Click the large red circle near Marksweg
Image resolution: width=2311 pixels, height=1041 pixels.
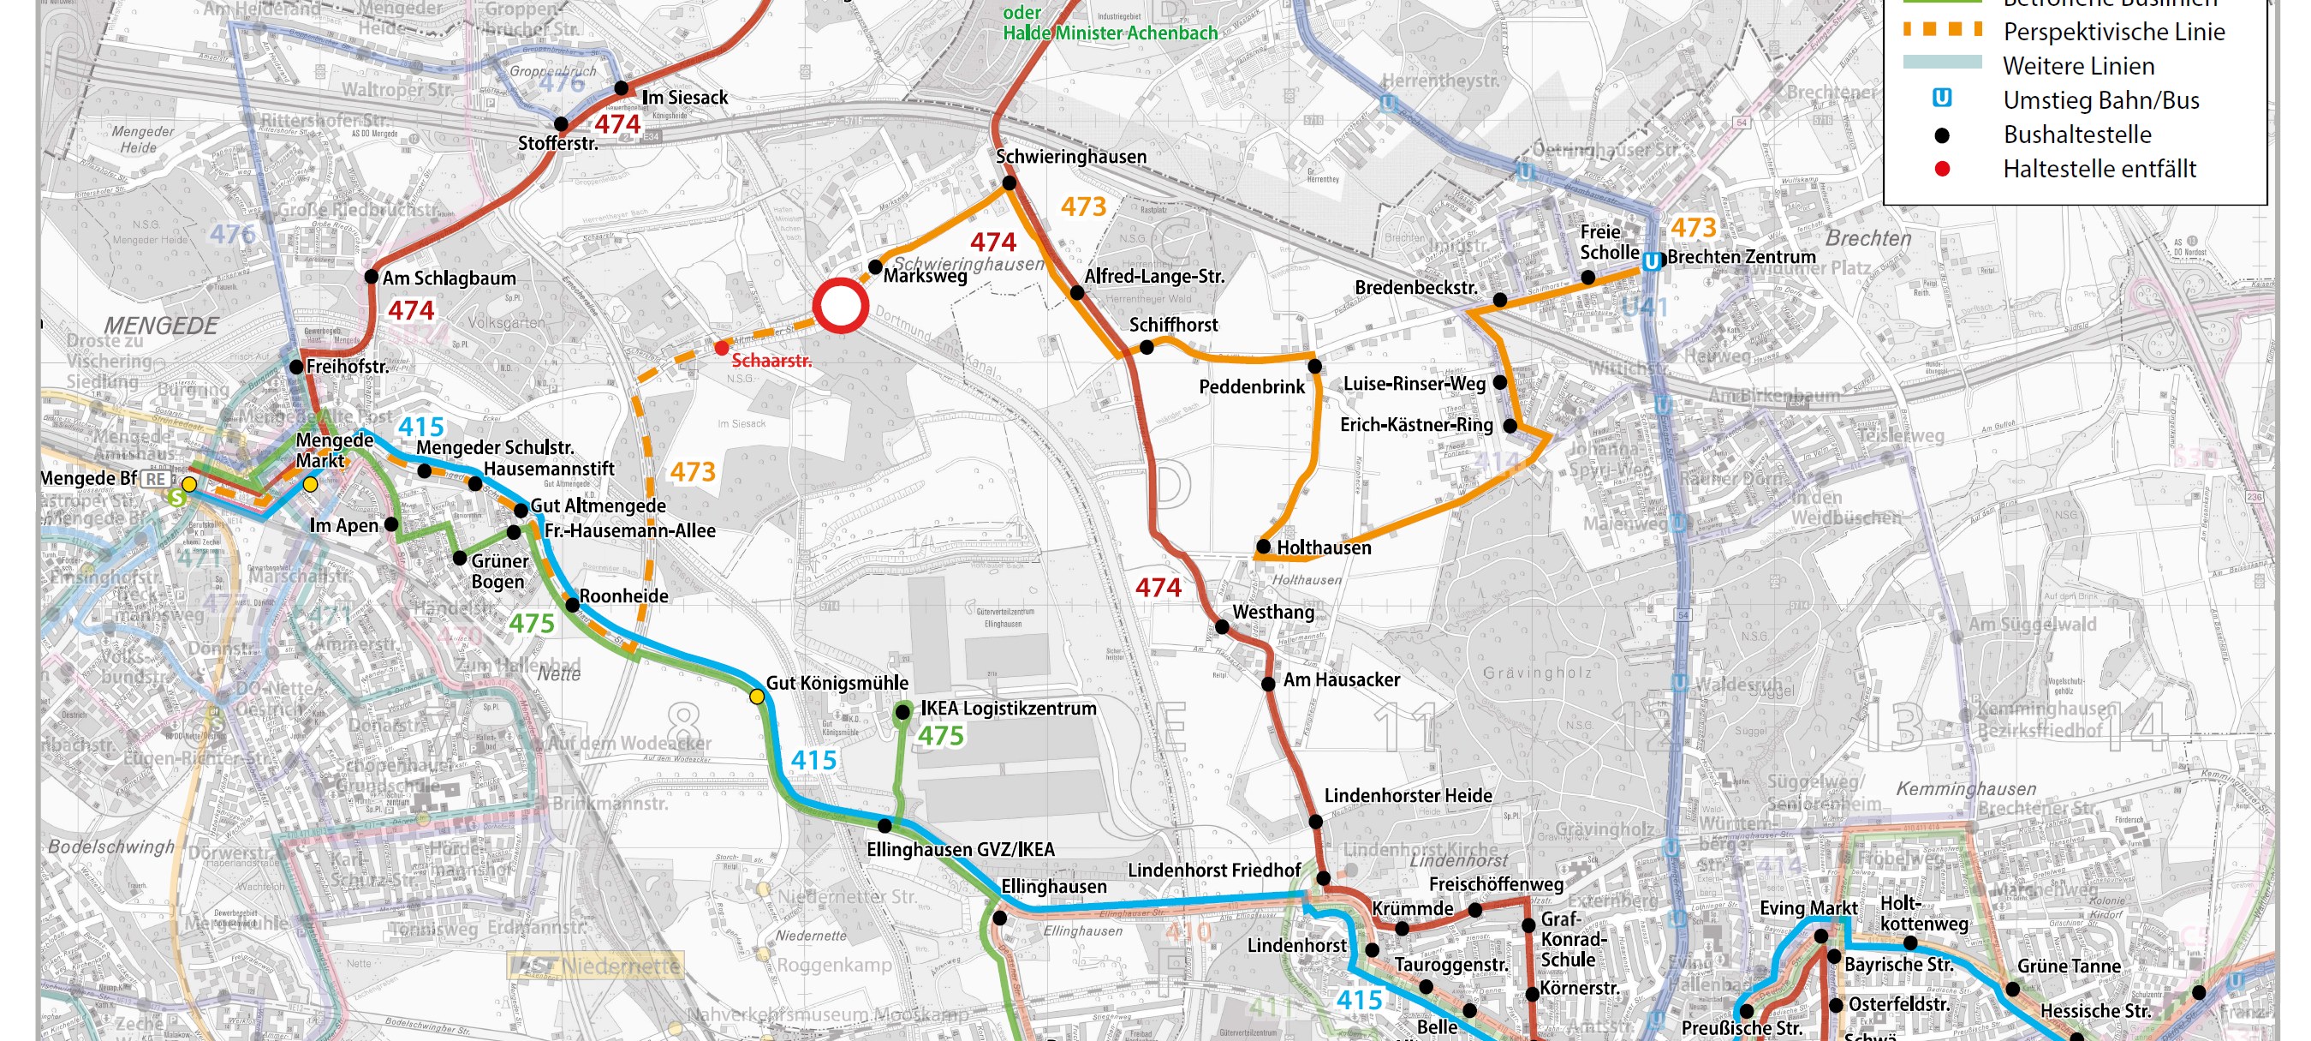tap(841, 306)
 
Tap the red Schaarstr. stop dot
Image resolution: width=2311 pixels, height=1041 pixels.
tap(721, 347)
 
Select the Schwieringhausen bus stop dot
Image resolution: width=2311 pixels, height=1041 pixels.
tap(1009, 183)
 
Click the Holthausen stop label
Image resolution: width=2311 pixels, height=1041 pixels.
tap(1323, 547)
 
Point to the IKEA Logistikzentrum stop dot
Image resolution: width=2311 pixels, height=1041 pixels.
tap(902, 712)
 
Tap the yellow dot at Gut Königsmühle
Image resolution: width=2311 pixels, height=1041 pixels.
tap(757, 697)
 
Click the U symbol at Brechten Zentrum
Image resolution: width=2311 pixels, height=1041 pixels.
tap(1651, 261)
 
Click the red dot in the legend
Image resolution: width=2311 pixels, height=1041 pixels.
tap(1941, 169)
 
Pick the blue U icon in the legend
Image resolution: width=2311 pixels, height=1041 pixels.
tap(1941, 99)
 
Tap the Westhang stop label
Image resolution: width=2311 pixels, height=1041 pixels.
tap(1272, 612)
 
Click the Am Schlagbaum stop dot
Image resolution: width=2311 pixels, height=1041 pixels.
tap(372, 277)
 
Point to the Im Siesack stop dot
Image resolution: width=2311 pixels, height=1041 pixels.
tap(621, 88)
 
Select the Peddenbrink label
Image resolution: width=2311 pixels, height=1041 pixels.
tap(1251, 386)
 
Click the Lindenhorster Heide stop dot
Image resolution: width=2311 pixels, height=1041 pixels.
tap(1315, 821)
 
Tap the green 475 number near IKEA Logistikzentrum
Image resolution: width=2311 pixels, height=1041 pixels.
tap(940, 736)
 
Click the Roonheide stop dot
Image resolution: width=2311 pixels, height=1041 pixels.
tap(572, 605)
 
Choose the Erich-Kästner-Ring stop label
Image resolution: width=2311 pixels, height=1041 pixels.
tap(1415, 424)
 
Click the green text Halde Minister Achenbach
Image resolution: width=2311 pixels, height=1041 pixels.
tap(1110, 33)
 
